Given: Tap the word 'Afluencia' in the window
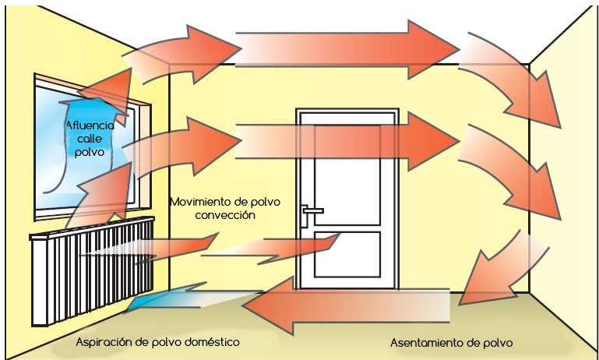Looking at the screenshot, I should point(90,125).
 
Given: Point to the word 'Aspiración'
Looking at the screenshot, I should point(104,341).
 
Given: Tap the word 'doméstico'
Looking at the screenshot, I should point(206,341).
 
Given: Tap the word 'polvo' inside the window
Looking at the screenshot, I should point(88,152).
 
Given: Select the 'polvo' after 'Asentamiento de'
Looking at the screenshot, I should point(496,342).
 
